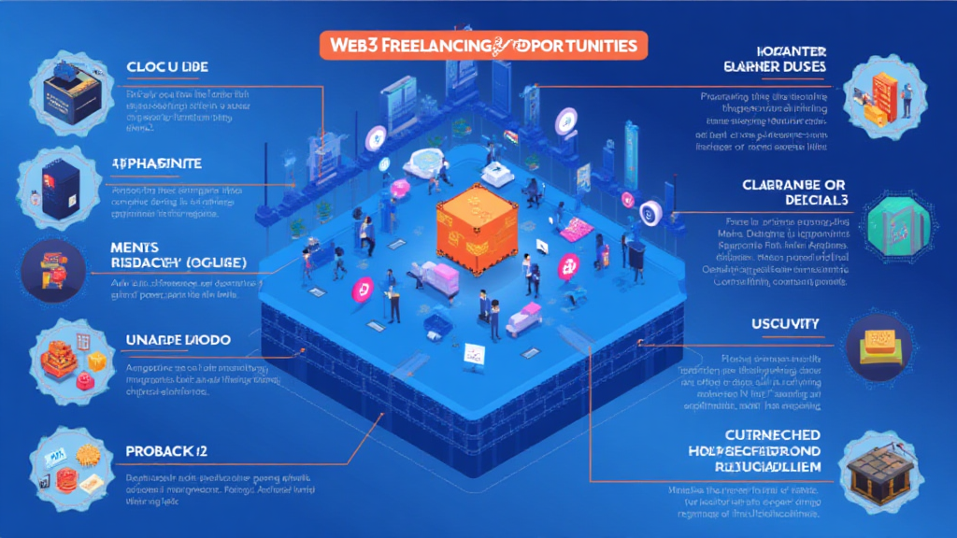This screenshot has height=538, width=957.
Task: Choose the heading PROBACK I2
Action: point(165,452)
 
